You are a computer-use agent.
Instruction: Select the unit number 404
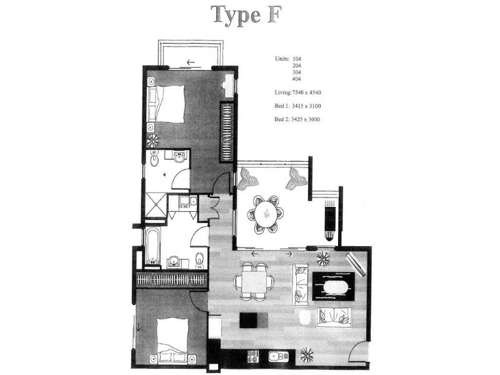pos(297,79)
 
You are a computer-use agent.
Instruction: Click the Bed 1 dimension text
pos(297,106)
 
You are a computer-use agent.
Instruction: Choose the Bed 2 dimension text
pos(297,119)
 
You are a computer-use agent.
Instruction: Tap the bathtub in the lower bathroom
pos(152,245)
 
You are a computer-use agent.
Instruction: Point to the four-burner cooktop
pos(254,357)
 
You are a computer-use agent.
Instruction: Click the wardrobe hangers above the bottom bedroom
pos(171,279)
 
